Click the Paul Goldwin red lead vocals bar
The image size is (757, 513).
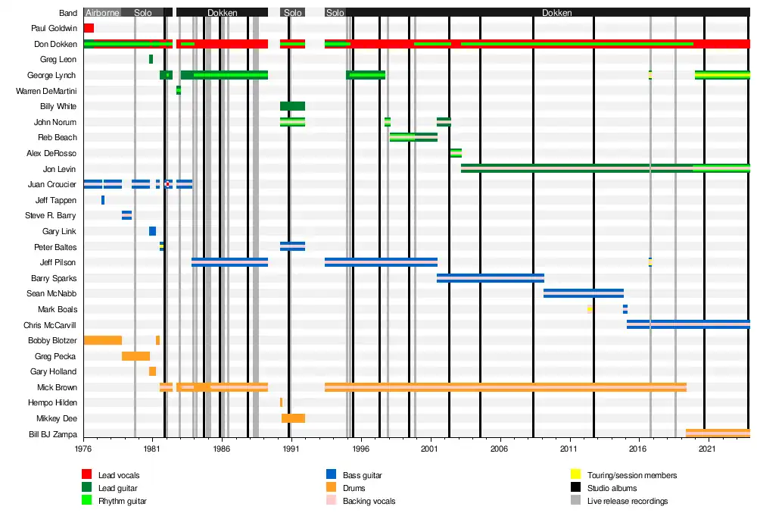click(89, 28)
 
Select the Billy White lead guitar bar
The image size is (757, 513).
click(292, 106)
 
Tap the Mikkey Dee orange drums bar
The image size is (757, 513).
click(293, 418)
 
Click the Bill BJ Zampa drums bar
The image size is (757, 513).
click(718, 433)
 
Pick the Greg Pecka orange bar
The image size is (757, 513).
click(136, 356)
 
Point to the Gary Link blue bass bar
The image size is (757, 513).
click(152, 231)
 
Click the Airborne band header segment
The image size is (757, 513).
click(102, 13)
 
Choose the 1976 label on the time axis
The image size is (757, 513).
click(83, 449)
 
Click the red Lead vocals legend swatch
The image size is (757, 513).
click(87, 475)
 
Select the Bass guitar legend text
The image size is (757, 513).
click(362, 475)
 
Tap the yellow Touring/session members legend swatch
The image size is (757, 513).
click(575, 475)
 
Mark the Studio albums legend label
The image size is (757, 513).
click(612, 488)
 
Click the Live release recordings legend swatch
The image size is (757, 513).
click(575, 501)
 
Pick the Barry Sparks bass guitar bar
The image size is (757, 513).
click(490, 278)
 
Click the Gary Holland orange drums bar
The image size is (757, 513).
click(152, 371)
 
